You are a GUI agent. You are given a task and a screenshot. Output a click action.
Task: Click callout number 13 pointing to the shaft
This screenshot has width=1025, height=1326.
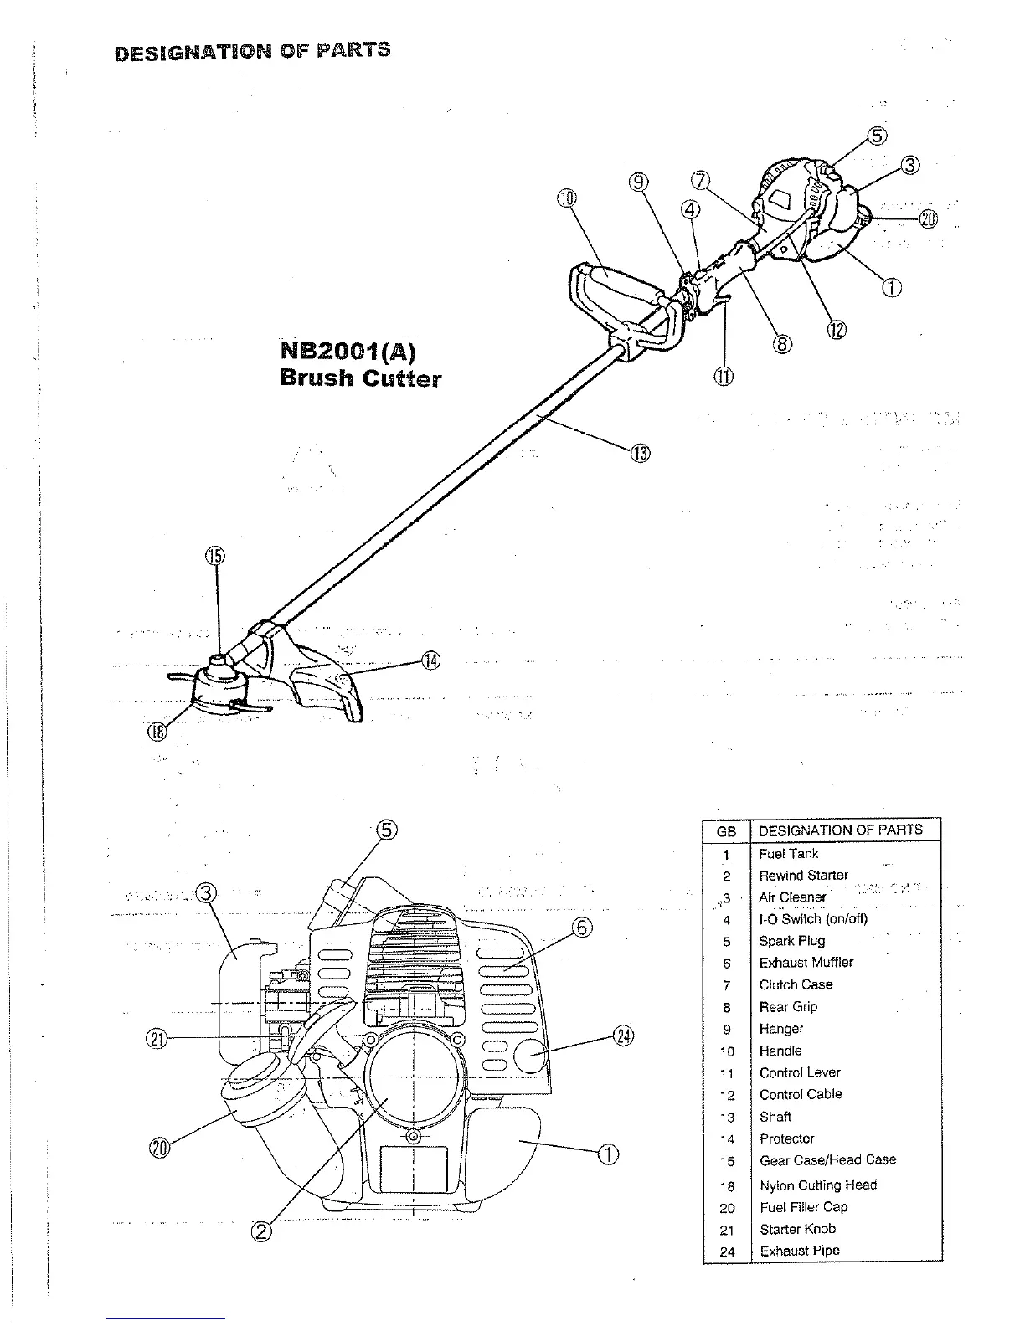point(640,454)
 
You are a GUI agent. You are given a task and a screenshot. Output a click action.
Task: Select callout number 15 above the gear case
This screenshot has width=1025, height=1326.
point(216,556)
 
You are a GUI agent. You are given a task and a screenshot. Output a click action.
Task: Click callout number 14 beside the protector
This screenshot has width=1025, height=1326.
point(430,660)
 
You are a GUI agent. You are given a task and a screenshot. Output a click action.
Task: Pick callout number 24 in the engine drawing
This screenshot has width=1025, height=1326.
point(624,1036)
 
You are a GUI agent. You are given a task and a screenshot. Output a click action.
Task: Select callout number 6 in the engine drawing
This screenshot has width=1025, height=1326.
point(583,928)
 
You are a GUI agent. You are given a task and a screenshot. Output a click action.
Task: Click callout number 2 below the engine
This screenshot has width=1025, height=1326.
point(261,1230)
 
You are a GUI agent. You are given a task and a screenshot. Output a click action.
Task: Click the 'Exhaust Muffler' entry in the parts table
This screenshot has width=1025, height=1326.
point(806,963)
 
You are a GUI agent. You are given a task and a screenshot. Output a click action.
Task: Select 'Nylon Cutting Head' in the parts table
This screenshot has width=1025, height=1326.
point(817,1185)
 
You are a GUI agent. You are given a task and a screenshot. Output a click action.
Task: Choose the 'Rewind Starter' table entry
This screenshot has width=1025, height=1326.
point(803,875)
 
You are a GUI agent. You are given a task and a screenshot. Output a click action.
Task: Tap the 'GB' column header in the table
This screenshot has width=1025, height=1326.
point(726,831)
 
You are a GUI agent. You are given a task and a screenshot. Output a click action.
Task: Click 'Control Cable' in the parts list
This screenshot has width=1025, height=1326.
point(801,1094)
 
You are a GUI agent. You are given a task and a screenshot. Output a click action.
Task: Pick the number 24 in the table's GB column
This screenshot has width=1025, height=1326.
point(727,1252)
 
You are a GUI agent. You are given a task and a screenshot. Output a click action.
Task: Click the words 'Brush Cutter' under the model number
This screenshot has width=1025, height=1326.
point(360,378)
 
